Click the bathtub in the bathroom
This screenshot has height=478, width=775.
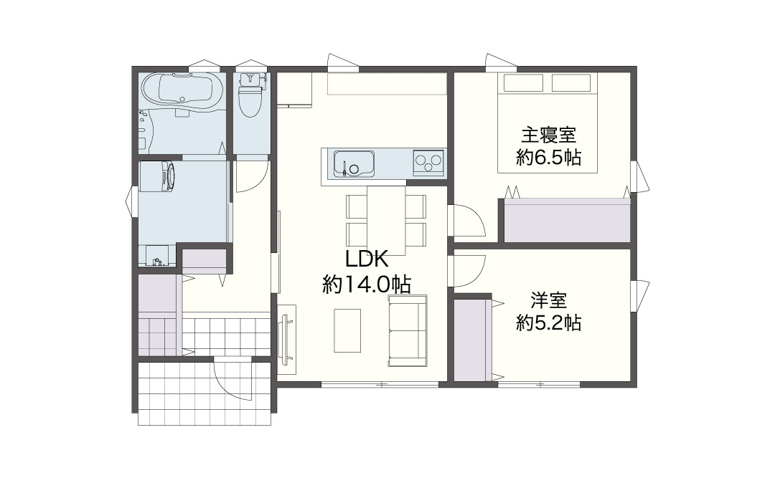point(182,94)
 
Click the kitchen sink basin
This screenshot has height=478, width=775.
point(353,163)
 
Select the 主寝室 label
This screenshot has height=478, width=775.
point(549,135)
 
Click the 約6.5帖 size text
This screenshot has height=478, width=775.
point(549,158)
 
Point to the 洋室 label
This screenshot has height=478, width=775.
point(549,300)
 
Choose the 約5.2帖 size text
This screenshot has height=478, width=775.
point(549,323)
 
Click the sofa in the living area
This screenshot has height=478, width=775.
point(408,330)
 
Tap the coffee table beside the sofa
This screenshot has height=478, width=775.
point(347,330)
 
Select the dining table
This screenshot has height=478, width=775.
point(386,220)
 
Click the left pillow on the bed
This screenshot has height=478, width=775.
point(523,82)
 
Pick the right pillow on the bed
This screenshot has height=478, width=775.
point(571,82)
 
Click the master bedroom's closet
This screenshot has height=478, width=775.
point(567,221)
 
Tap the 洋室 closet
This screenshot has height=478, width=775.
point(473,340)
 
